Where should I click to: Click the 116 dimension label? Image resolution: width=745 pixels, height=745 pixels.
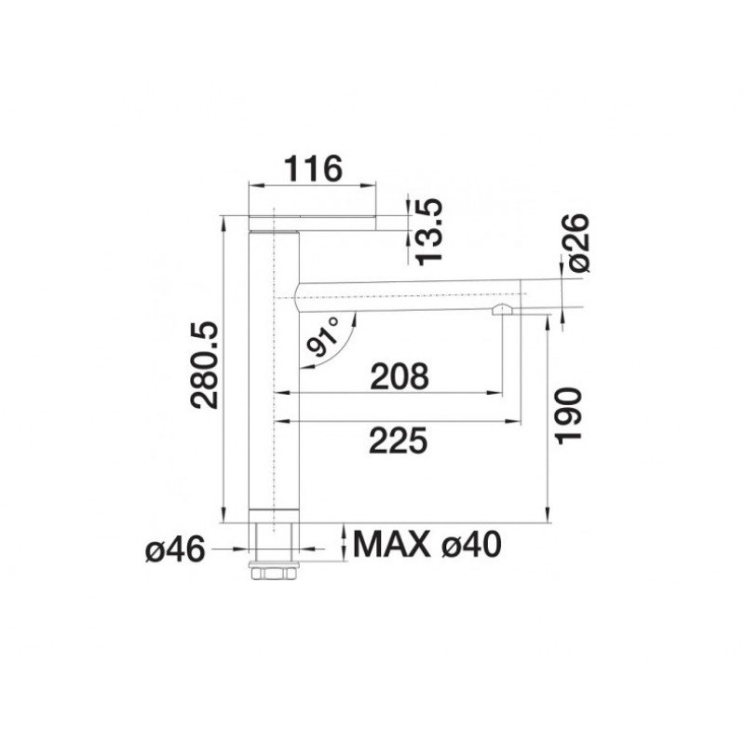pos(313,169)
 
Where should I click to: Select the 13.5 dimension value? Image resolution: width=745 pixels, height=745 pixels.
pos(428,231)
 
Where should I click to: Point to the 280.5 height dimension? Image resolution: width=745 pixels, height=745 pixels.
pos(204,365)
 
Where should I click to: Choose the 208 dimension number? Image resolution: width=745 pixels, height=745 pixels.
pos(400,376)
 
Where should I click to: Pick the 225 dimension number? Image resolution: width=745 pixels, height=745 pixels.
pos(399,440)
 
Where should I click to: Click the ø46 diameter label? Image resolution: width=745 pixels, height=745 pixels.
pos(175,550)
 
